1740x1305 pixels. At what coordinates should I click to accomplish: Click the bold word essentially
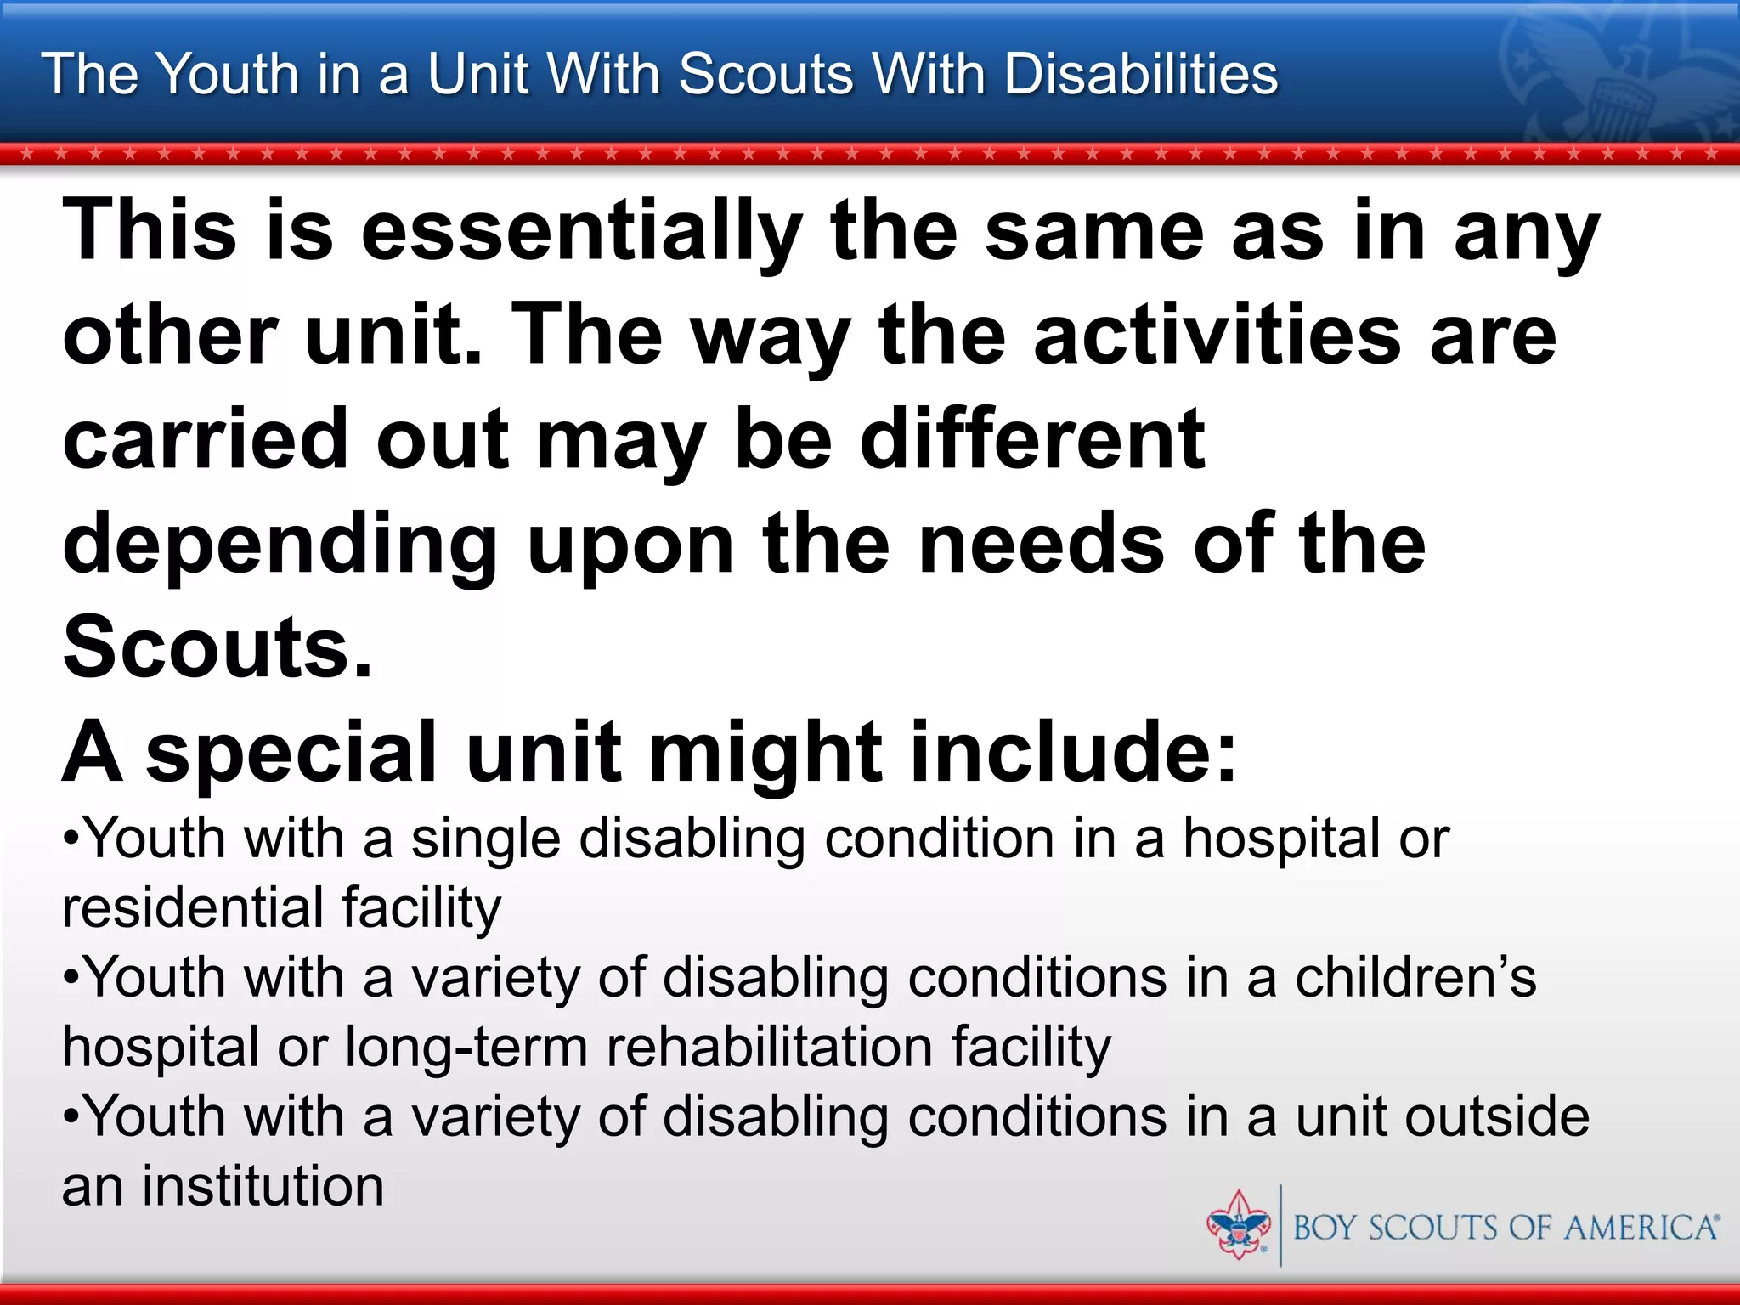pos(582,231)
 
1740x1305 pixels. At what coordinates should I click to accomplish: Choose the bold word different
pos(1032,439)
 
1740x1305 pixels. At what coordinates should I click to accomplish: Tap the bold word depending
pos(280,545)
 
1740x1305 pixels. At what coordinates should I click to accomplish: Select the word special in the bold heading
pos(291,753)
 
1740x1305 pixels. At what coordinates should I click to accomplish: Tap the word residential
pos(192,907)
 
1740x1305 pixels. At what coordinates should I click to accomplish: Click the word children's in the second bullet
pos(1415,978)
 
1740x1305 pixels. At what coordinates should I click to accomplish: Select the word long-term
pos(466,1048)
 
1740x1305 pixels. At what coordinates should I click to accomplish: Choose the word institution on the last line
pos(263,1186)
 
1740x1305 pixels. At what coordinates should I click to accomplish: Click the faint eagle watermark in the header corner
pos(1614,76)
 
